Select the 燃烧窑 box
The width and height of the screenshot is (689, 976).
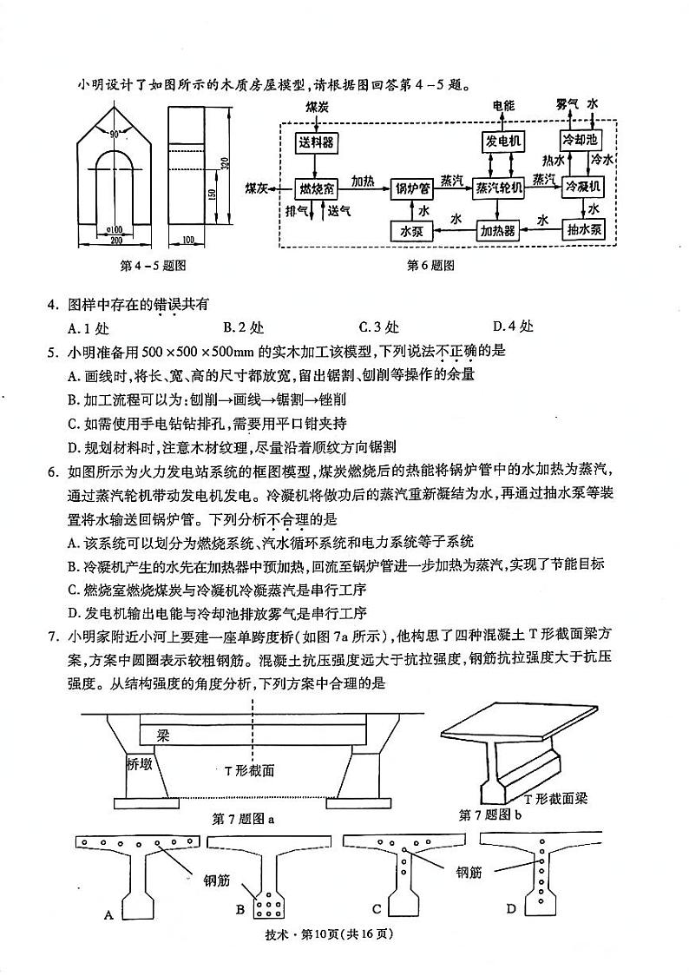pyautogui.click(x=317, y=188)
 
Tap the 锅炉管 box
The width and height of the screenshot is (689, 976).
pyautogui.click(x=413, y=188)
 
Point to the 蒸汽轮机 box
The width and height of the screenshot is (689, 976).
pyautogui.click(x=499, y=188)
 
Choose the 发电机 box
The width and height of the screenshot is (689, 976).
pyautogui.click(x=502, y=141)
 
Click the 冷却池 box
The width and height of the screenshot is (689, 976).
pyautogui.click(x=581, y=140)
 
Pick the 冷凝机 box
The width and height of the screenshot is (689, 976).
pyautogui.click(x=584, y=187)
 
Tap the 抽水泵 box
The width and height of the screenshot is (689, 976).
pyautogui.click(x=584, y=230)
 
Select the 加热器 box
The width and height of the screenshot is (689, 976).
pyautogui.click(x=498, y=231)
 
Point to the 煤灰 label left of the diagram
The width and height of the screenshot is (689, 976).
pyautogui.click(x=257, y=188)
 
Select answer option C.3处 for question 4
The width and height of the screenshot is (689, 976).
pyautogui.click(x=378, y=327)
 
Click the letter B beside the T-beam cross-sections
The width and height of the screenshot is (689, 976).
pyautogui.click(x=240, y=910)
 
